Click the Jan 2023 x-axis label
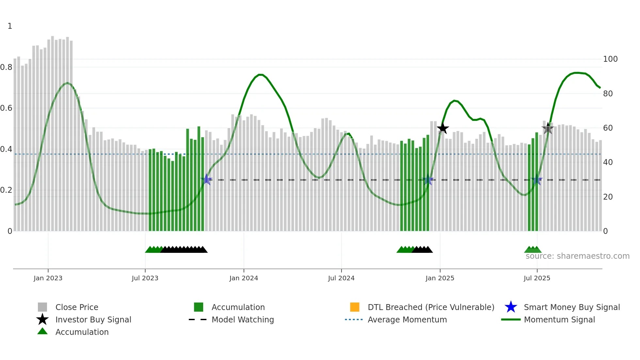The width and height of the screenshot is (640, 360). pyautogui.click(x=48, y=278)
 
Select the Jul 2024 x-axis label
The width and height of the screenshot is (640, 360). pyautogui.click(x=341, y=278)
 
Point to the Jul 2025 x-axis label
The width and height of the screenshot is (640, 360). pyautogui.click(x=537, y=278)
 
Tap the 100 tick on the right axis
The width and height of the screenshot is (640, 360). pyautogui.click(x=610, y=59)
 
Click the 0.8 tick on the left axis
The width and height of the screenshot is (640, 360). pyautogui.click(x=6, y=67)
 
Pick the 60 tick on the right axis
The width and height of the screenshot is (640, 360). pyautogui.click(x=608, y=128)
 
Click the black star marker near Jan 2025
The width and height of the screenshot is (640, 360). pyautogui.click(x=443, y=128)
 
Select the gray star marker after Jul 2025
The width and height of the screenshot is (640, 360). pyautogui.click(x=548, y=128)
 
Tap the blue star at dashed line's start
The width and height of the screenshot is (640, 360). pyautogui.click(x=206, y=179)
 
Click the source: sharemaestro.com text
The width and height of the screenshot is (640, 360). pyautogui.click(x=577, y=256)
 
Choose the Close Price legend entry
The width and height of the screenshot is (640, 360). pyautogui.click(x=76, y=307)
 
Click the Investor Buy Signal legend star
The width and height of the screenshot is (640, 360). pyautogui.click(x=42, y=319)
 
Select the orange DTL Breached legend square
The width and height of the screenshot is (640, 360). pyautogui.click(x=354, y=307)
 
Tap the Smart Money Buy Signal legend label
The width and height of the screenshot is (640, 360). pyautogui.click(x=571, y=307)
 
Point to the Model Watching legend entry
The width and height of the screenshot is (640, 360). pyautogui.click(x=242, y=319)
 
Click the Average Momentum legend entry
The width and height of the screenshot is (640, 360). pyautogui.click(x=407, y=319)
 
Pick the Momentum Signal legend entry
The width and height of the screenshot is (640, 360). pyautogui.click(x=559, y=319)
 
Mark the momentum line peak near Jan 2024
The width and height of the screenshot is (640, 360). pyautogui.click(x=260, y=74)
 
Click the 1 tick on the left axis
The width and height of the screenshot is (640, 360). pyautogui.click(x=10, y=26)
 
